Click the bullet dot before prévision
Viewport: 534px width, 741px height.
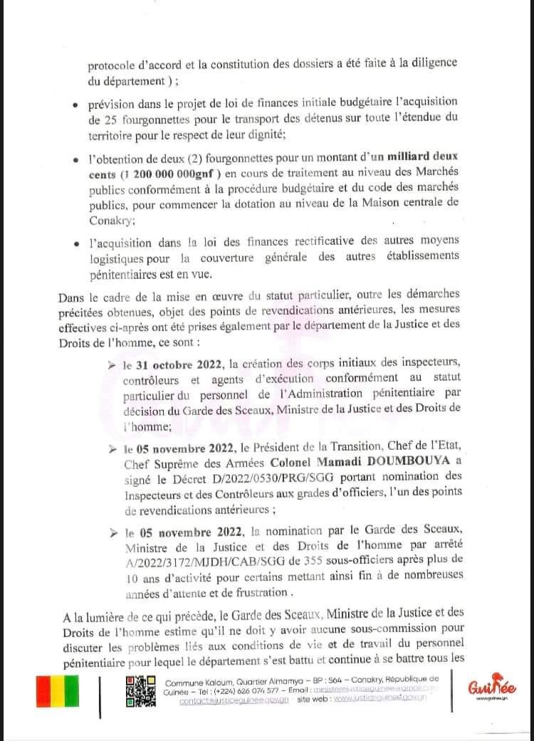click(76, 105)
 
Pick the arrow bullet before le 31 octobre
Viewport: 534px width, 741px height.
click(112, 366)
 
